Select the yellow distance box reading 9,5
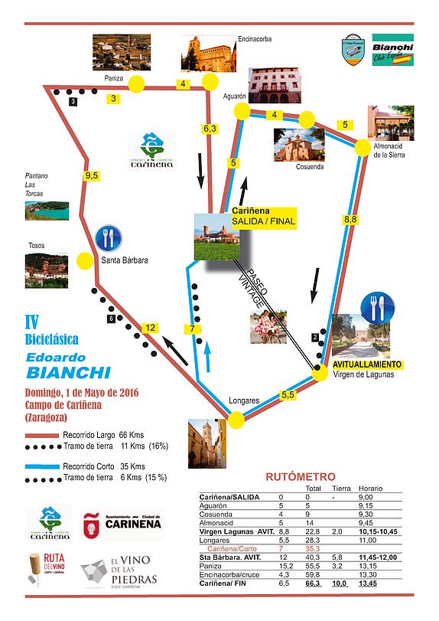93,175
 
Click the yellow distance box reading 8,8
350,220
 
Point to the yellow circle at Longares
236,419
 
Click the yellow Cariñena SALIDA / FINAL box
263,217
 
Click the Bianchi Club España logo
392,51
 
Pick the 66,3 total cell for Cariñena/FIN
313,583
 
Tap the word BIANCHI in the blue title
68,373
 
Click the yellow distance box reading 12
151,328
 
